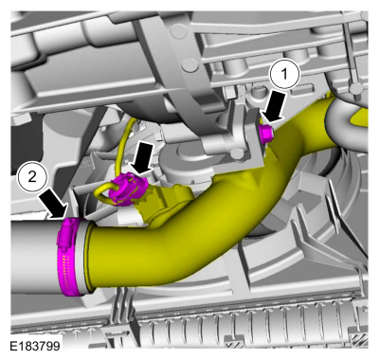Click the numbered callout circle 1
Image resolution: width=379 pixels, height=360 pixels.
(284, 74)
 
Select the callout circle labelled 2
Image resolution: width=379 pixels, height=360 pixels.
(32, 177)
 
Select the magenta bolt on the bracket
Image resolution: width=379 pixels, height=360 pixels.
(266, 133)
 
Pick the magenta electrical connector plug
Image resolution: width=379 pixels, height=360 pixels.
(127, 190)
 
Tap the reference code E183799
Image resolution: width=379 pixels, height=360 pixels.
(34, 346)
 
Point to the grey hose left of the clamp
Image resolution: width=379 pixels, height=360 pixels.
(35, 257)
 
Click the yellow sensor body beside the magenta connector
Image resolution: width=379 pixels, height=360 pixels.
(164, 199)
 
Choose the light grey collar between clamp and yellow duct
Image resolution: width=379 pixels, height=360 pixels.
(82, 258)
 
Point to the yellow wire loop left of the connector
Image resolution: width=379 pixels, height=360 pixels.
(100, 193)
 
